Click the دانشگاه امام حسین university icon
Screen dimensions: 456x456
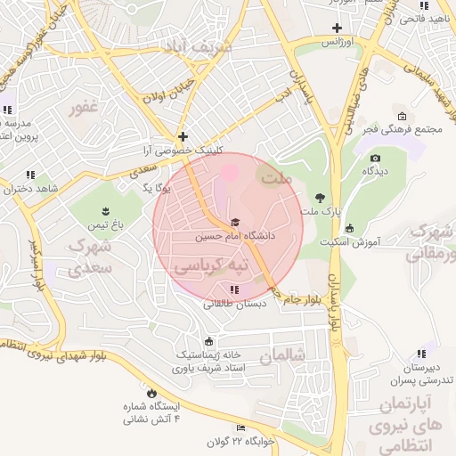pos(235,223)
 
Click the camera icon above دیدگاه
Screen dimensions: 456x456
pos(374,159)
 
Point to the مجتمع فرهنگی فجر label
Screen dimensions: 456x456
pos(402,130)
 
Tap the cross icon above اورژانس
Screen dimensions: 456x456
pos(336,28)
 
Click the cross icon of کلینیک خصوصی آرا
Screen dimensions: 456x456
pos(183,137)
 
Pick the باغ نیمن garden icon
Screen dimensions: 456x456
pos(106,210)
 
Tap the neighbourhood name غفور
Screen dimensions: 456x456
pos(82,109)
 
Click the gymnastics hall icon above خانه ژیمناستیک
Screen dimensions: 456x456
pos(208,340)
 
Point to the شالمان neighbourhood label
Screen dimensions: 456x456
pos(283,355)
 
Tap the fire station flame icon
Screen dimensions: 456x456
pos(151,392)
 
